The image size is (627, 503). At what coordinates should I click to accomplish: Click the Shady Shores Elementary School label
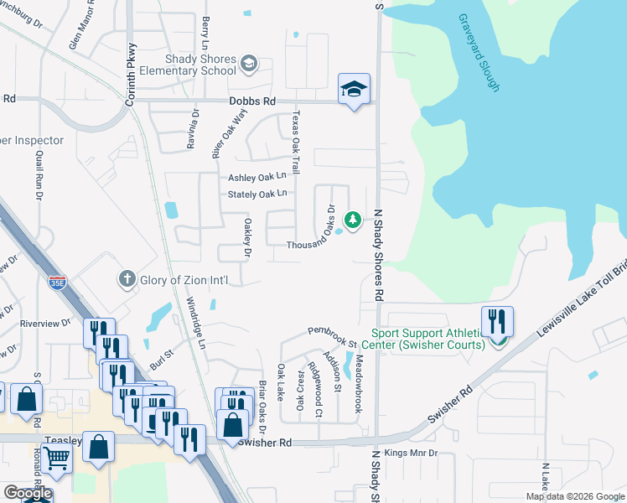(189, 65)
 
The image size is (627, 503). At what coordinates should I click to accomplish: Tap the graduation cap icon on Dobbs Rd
(354, 89)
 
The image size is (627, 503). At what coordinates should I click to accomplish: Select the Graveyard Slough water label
(480, 52)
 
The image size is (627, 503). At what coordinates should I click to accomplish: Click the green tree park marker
(354, 220)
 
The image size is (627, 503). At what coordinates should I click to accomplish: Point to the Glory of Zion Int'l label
(180, 280)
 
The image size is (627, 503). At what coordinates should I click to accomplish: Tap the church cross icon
(127, 279)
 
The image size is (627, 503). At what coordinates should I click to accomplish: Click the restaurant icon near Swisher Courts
(498, 322)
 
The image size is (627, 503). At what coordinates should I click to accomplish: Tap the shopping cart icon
(57, 458)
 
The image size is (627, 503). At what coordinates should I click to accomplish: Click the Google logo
(28, 492)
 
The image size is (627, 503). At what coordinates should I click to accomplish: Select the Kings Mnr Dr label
(412, 454)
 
